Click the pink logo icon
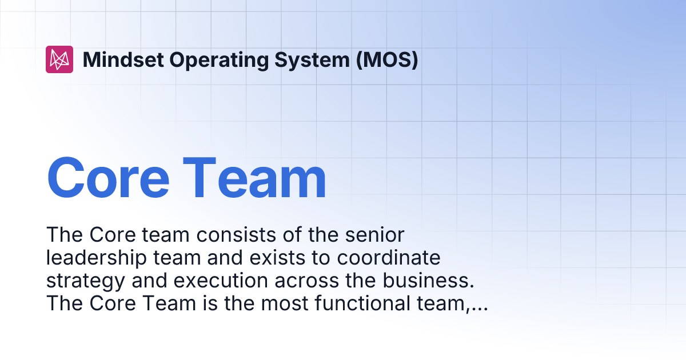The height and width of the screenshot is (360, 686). pyautogui.click(x=59, y=59)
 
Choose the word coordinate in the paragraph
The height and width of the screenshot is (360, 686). pyautogui.click(x=389, y=258)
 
